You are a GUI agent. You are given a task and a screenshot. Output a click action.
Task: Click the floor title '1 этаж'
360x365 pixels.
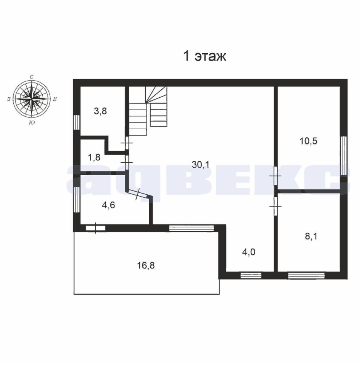pyautogui.click(x=205, y=56)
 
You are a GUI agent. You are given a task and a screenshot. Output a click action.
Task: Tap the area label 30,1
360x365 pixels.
pyautogui.click(x=201, y=165)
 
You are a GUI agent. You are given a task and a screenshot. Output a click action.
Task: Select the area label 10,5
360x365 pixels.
pyautogui.click(x=308, y=141)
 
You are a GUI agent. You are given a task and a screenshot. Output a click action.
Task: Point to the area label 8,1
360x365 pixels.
pyautogui.click(x=311, y=236)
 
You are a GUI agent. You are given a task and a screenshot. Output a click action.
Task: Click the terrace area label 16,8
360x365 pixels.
pyautogui.click(x=146, y=265)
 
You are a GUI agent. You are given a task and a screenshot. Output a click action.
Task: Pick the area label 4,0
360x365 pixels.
pyautogui.click(x=248, y=252)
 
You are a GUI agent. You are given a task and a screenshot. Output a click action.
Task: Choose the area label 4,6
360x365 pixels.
pyautogui.click(x=108, y=205)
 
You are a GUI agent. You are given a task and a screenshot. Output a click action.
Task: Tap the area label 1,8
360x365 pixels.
pyautogui.click(x=94, y=157)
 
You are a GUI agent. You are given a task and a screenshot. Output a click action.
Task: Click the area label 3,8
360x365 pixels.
pyautogui.click(x=100, y=111)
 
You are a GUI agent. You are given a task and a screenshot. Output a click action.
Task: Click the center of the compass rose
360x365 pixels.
pyautogui.click(x=31, y=99)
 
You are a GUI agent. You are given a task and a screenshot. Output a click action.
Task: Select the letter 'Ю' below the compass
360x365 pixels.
pyautogui.click(x=32, y=123)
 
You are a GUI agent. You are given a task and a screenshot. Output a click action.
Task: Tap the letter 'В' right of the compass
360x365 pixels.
pyautogui.click(x=55, y=99)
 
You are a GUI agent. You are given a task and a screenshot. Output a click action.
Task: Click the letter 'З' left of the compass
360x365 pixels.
pyautogui.click(x=8, y=99)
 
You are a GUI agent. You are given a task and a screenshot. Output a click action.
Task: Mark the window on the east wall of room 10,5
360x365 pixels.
pyautogui.click(x=344, y=156)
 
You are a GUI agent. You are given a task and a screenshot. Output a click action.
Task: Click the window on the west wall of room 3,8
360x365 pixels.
pyautogui.click(x=76, y=122)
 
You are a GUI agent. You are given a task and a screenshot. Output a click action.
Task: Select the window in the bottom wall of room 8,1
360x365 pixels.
pyautogui.click(x=306, y=276)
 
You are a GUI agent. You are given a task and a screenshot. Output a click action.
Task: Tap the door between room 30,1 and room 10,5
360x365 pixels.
pyautogui.click(x=275, y=176)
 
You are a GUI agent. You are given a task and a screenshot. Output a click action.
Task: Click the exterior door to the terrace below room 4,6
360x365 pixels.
pyautogui.click(x=96, y=228)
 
